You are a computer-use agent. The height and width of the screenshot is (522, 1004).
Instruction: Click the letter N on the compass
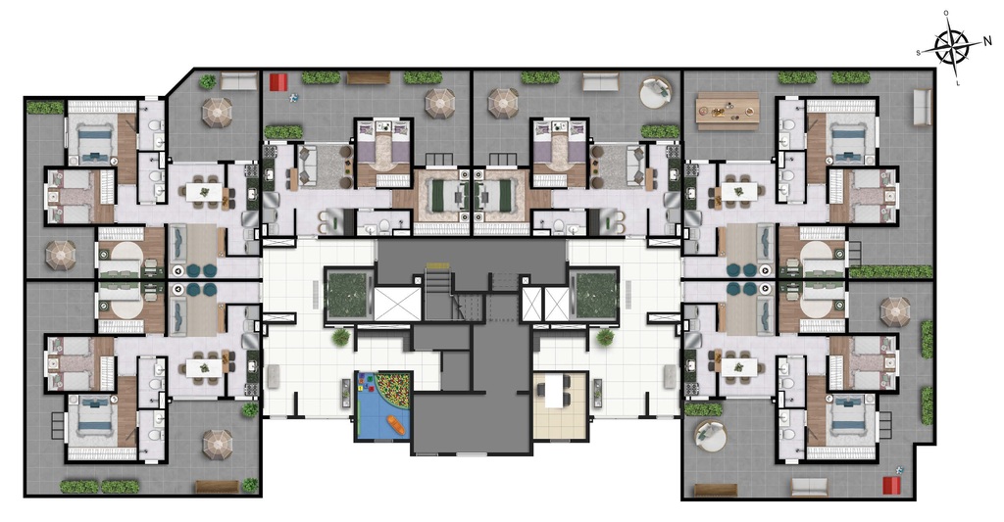pyautogui.click(x=988, y=41)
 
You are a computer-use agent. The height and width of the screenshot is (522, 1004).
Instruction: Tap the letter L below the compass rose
pyautogui.click(x=957, y=84)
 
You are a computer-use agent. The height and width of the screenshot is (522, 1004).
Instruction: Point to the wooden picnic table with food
pyautogui.click(x=728, y=109)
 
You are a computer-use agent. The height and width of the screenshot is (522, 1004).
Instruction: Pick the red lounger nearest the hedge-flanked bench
pyautogui.click(x=278, y=81)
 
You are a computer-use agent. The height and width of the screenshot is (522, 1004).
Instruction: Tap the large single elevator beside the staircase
pyautogui.click(x=397, y=303)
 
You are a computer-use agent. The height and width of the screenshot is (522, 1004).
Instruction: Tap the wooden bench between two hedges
pyautogui.click(x=368, y=77)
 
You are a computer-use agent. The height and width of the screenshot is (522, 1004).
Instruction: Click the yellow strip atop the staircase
pyautogui.click(x=437, y=265)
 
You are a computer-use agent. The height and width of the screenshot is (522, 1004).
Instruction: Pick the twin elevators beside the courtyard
pyautogui.click(x=545, y=303)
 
